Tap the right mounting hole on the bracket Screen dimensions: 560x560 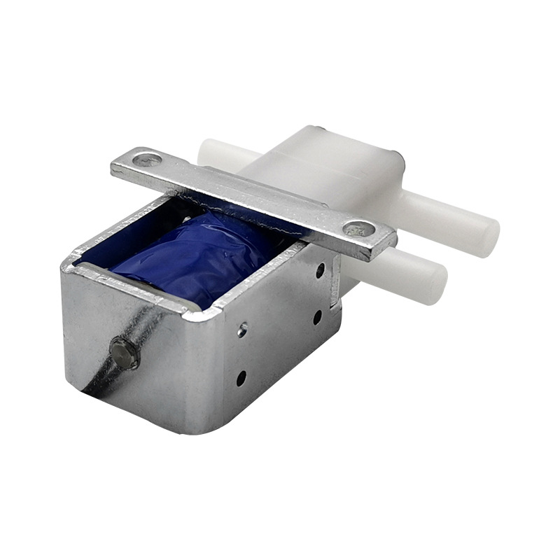pyautogui.click(x=360, y=228)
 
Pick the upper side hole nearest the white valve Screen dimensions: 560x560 pyautogui.click(x=320, y=270)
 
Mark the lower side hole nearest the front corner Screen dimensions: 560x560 pyautogui.click(x=241, y=379)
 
